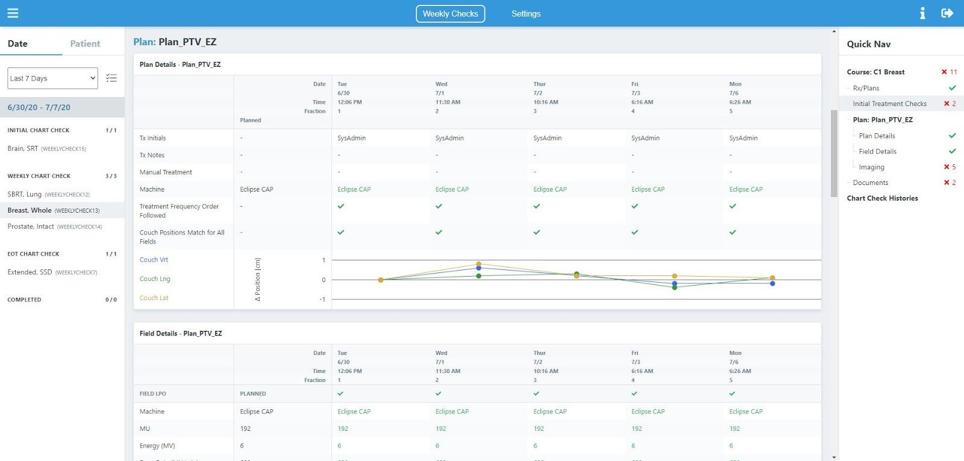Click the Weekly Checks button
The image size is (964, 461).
[x=450, y=14]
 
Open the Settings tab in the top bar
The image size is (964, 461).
[x=526, y=14]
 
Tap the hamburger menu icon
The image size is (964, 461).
[x=13, y=13]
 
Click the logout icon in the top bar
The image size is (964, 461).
[x=947, y=13]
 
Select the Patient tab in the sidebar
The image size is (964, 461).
[x=85, y=43]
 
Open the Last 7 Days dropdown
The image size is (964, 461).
[x=52, y=78]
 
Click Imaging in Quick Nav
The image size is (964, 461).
[x=871, y=167]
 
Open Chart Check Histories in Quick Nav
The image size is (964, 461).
[x=882, y=198]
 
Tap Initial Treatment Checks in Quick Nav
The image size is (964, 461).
[x=889, y=104]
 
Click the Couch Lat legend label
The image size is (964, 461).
[x=154, y=298]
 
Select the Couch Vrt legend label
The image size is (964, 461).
[x=154, y=260]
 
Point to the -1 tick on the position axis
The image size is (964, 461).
[x=322, y=299]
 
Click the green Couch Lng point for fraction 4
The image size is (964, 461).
[x=674, y=287]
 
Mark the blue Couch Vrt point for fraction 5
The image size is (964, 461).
[x=772, y=284]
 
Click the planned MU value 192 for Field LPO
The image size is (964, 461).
[x=245, y=428]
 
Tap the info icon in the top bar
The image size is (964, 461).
[x=922, y=13]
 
